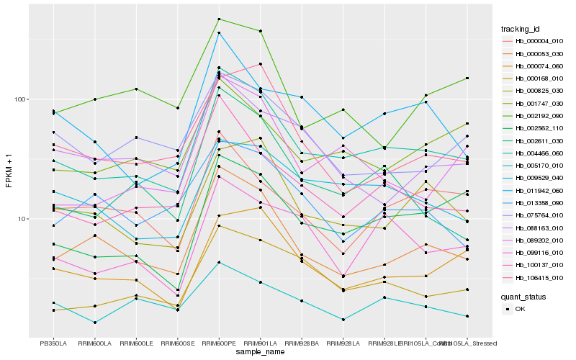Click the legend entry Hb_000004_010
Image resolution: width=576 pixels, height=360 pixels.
[534, 42]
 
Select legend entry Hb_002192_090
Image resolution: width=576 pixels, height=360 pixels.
[534, 115]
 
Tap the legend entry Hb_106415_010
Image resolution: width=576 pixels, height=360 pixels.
[534, 277]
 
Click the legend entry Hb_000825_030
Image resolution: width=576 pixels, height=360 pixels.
[534, 91]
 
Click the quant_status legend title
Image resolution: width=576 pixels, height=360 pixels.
[523, 296]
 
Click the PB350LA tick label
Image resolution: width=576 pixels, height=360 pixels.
[53, 343]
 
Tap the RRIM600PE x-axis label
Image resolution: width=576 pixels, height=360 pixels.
[219, 343]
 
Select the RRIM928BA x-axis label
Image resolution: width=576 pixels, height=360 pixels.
[302, 343]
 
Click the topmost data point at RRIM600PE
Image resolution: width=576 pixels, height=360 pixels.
[219, 19]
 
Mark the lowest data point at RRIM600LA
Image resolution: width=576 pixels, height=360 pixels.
[95, 323]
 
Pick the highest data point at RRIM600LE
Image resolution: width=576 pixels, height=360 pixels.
[136, 89]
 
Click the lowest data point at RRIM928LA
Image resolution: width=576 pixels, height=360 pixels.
[343, 320]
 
